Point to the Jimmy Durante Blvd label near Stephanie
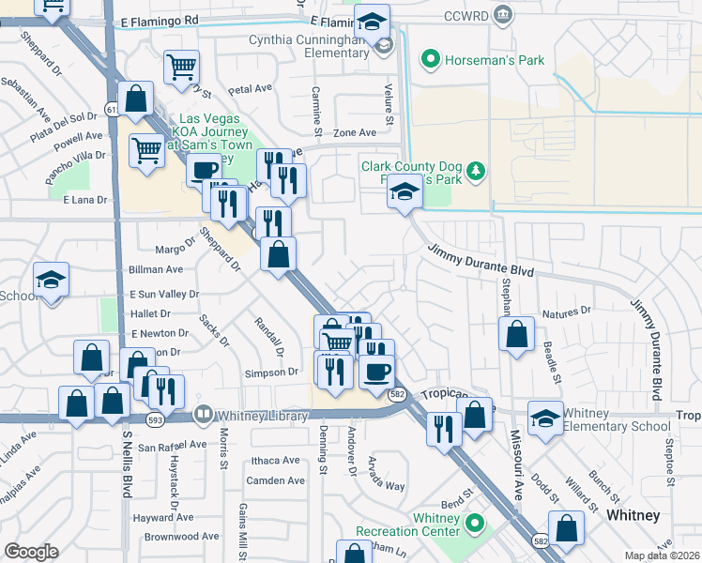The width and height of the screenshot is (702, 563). click(481, 260)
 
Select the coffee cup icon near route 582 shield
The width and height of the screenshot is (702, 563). click(376, 372)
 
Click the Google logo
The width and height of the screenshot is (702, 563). click(31, 552)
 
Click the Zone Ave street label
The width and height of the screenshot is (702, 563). click(355, 133)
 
